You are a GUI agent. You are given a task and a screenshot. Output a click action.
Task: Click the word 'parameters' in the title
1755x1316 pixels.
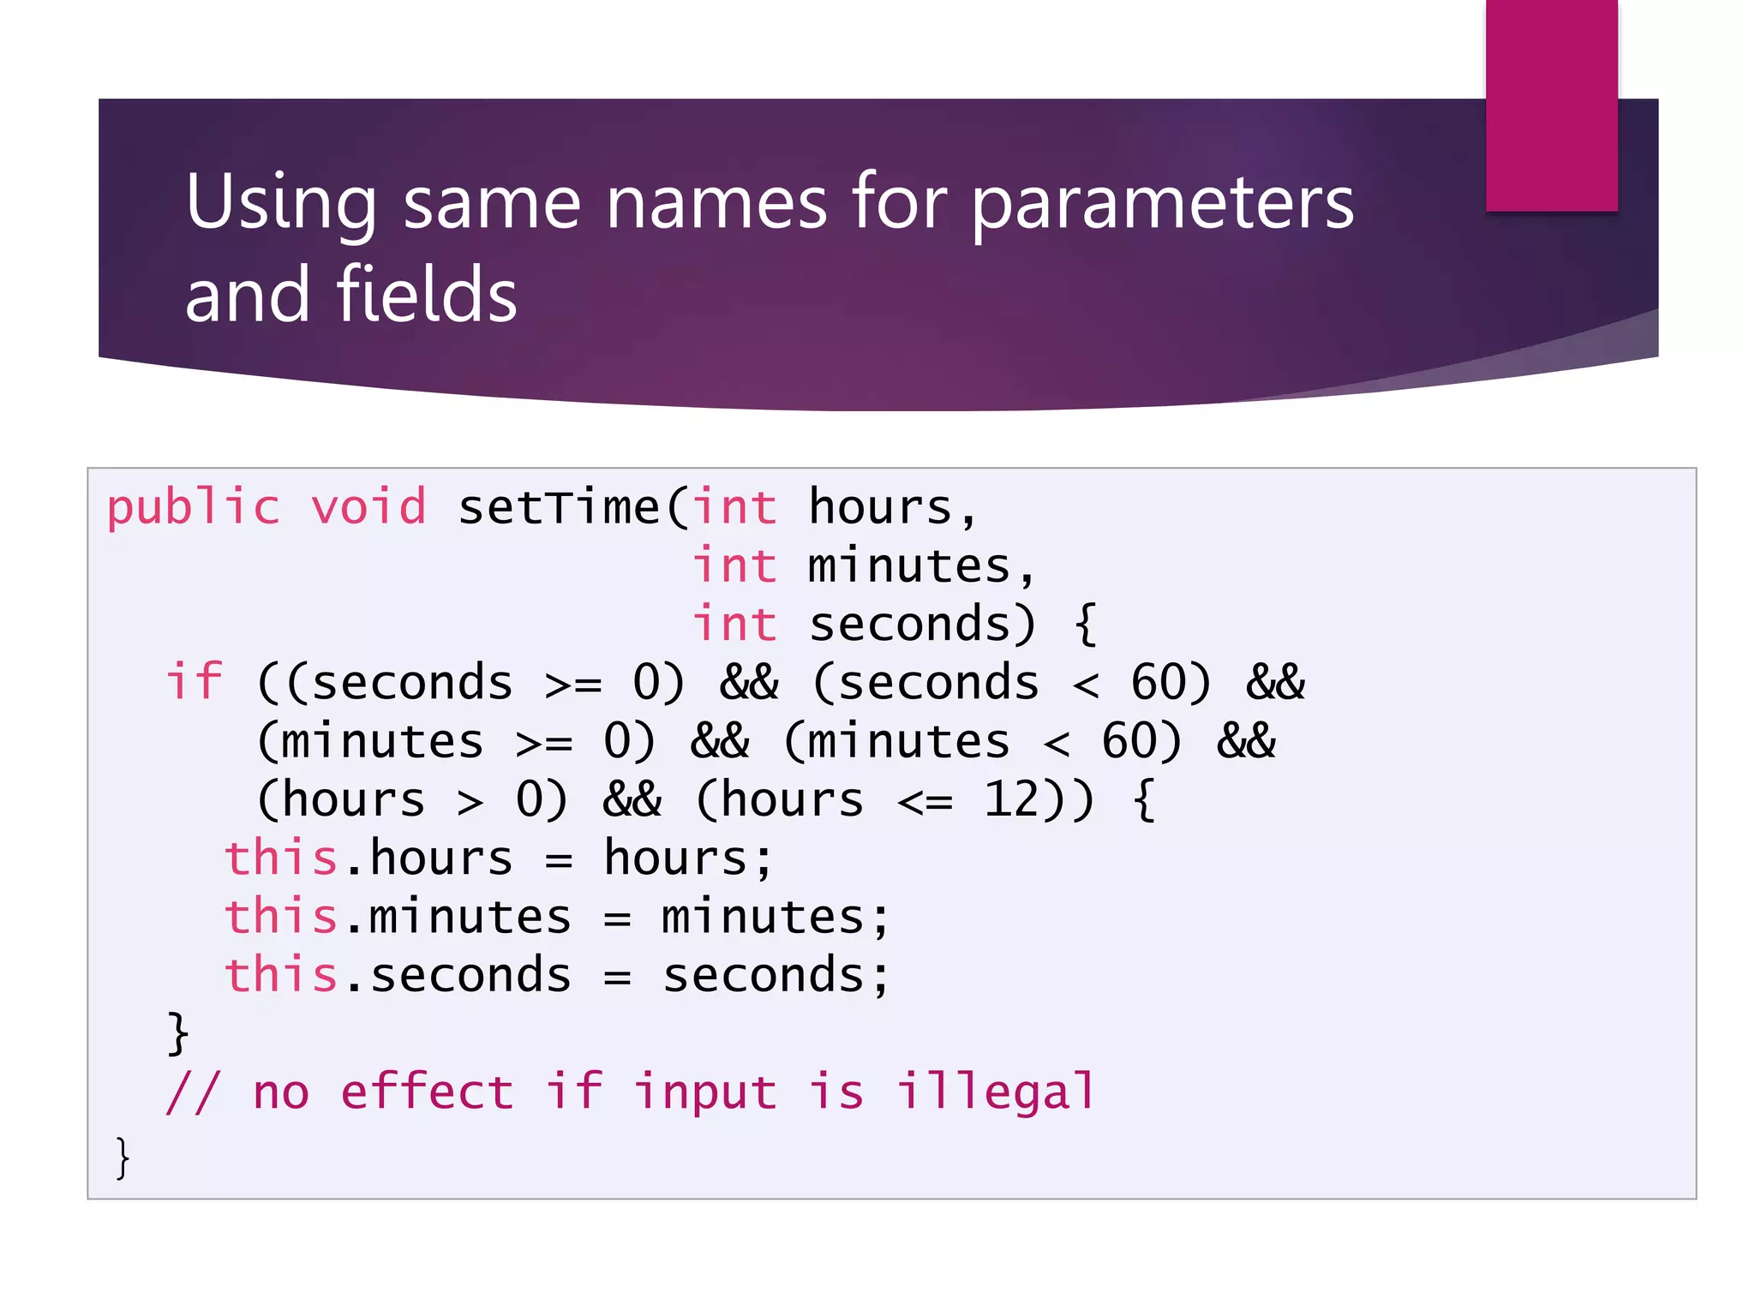tap(1163, 206)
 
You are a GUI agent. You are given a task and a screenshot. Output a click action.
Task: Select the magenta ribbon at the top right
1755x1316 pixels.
tap(1551, 105)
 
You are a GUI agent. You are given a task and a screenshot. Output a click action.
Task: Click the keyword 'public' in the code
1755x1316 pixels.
tap(194, 509)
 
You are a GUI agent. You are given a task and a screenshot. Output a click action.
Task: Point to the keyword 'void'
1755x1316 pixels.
tap(368, 507)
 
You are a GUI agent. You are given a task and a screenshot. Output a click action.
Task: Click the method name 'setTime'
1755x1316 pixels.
tap(559, 507)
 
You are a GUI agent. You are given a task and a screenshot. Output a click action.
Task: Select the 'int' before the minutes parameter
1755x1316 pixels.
tap(735, 566)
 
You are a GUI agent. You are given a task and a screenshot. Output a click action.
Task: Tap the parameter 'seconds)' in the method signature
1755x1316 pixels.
tap(923, 625)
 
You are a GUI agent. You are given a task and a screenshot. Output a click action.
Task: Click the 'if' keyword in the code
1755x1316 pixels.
tap(195, 683)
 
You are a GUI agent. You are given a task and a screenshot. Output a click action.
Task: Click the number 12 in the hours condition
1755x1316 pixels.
tap(1011, 800)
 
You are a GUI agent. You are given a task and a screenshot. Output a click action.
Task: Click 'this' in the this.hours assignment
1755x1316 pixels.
tap(281, 858)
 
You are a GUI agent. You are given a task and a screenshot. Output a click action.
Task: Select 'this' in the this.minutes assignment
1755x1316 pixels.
tap(281, 917)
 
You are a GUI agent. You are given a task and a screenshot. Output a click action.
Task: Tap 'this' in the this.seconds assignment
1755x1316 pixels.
tap(281, 976)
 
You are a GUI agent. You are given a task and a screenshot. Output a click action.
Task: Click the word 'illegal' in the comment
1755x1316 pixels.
tap(996, 1093)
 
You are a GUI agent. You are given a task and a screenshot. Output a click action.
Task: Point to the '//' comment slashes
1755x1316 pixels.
tap(193, 1093)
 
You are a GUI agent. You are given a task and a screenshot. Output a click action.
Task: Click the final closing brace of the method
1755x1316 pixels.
tap(123, 1158)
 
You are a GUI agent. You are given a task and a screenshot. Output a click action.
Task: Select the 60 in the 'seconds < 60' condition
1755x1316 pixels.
tap(1158, 684)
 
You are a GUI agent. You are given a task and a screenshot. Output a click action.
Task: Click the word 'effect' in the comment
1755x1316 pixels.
tap(427, 1092)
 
